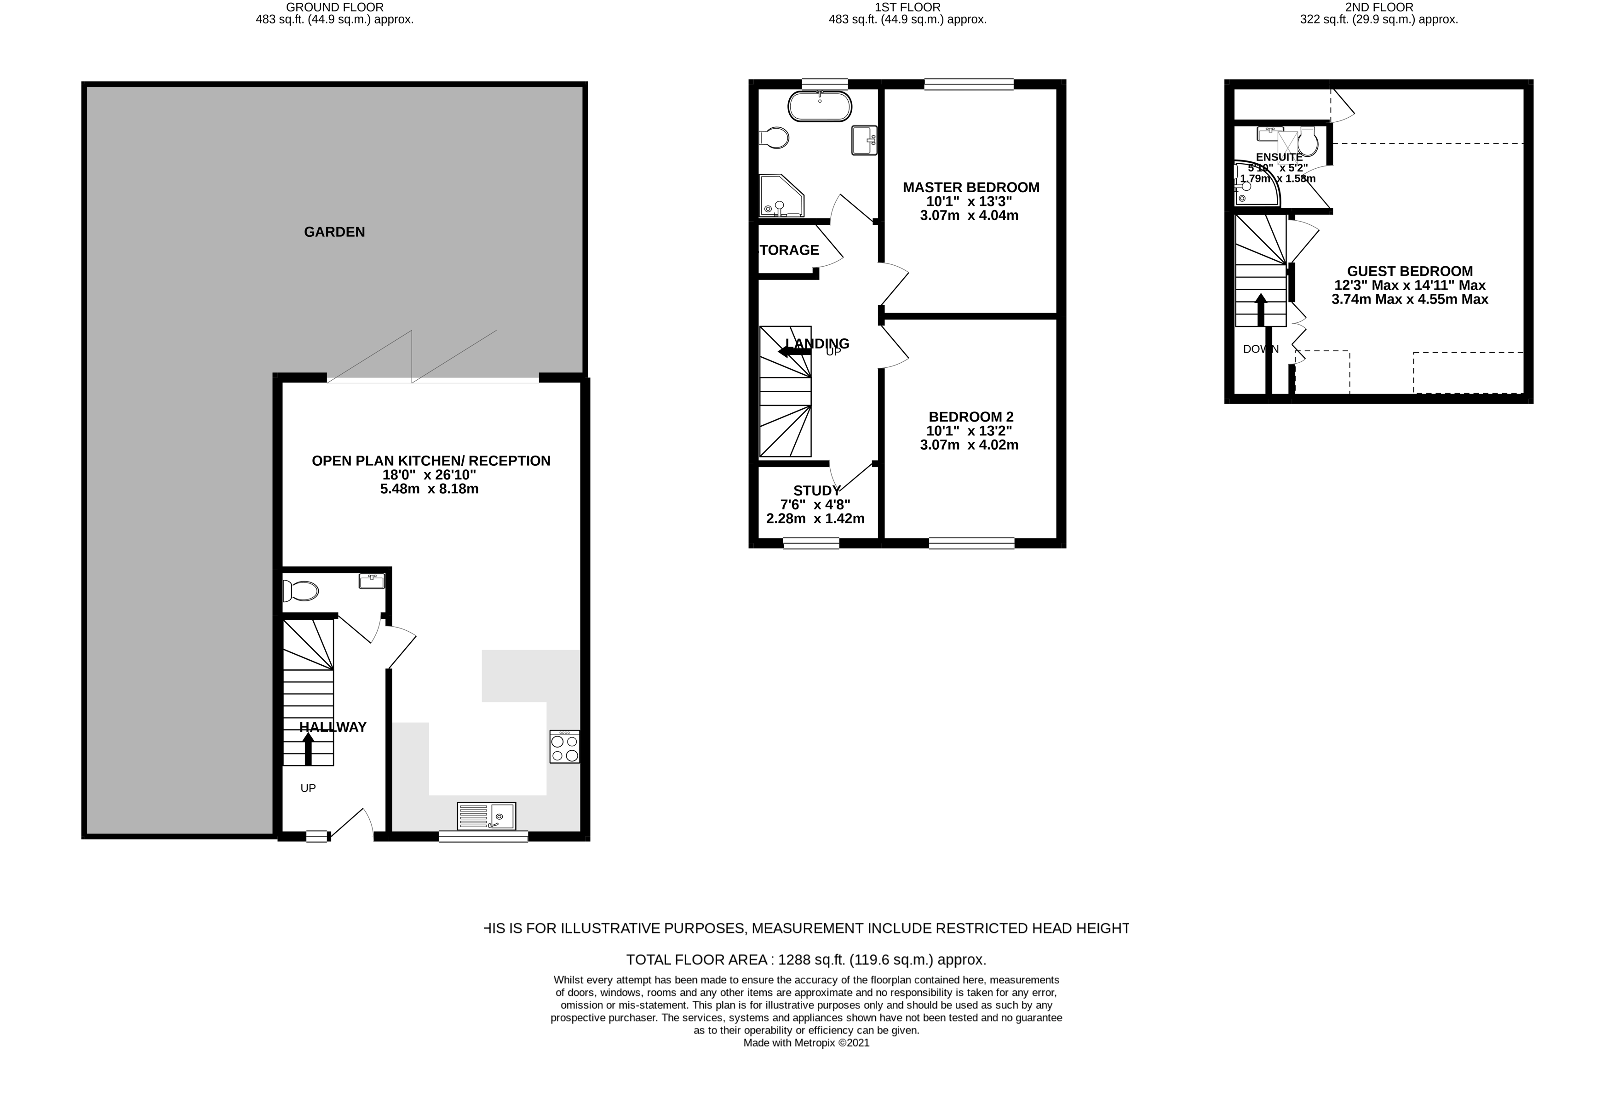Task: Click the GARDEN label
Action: coord(334,232)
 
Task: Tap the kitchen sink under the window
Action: coord(487,816)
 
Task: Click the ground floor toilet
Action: coord(300,591)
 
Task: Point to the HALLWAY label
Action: coord(333,727)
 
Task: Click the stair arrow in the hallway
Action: coord(308,749)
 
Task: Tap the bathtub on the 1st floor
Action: coord(819,107)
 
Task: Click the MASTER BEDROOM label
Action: coord(970,187)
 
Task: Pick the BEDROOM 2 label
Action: coord(970,417)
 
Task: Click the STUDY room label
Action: coord(816,491)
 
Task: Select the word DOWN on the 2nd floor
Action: coord(1260,349)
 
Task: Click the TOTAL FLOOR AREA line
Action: coord(806,960)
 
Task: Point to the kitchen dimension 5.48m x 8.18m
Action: coord(429,489)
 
